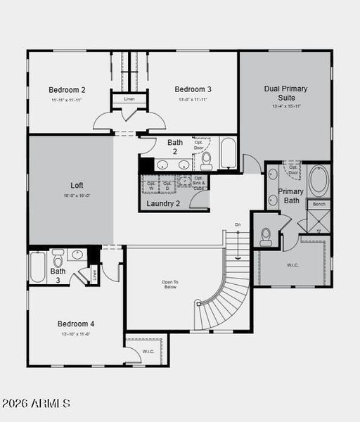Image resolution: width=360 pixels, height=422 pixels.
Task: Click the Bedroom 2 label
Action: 67,90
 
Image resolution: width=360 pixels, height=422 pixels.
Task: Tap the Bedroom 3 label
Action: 193,89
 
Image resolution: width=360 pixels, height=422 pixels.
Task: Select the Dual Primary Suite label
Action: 286,93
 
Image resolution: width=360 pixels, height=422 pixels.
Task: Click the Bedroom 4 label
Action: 76,324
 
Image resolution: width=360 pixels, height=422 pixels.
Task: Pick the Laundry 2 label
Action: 164,204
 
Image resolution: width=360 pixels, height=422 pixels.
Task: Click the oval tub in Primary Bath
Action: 319,180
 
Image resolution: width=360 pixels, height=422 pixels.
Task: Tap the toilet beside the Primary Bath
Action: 266,236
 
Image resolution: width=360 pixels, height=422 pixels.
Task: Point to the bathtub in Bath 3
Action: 38,267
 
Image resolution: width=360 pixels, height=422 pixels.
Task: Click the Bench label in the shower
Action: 319,204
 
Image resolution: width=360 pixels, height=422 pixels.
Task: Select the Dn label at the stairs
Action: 238,224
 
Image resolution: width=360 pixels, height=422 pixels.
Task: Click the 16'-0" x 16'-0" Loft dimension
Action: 77,196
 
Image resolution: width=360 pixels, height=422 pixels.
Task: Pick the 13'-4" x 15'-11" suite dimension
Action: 286,106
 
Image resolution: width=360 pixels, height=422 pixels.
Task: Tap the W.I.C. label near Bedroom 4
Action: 148,351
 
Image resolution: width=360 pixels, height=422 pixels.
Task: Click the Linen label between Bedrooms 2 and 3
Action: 129,99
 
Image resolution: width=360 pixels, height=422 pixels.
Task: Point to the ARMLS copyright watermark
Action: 36,403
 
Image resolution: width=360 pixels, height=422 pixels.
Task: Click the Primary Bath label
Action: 290,196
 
